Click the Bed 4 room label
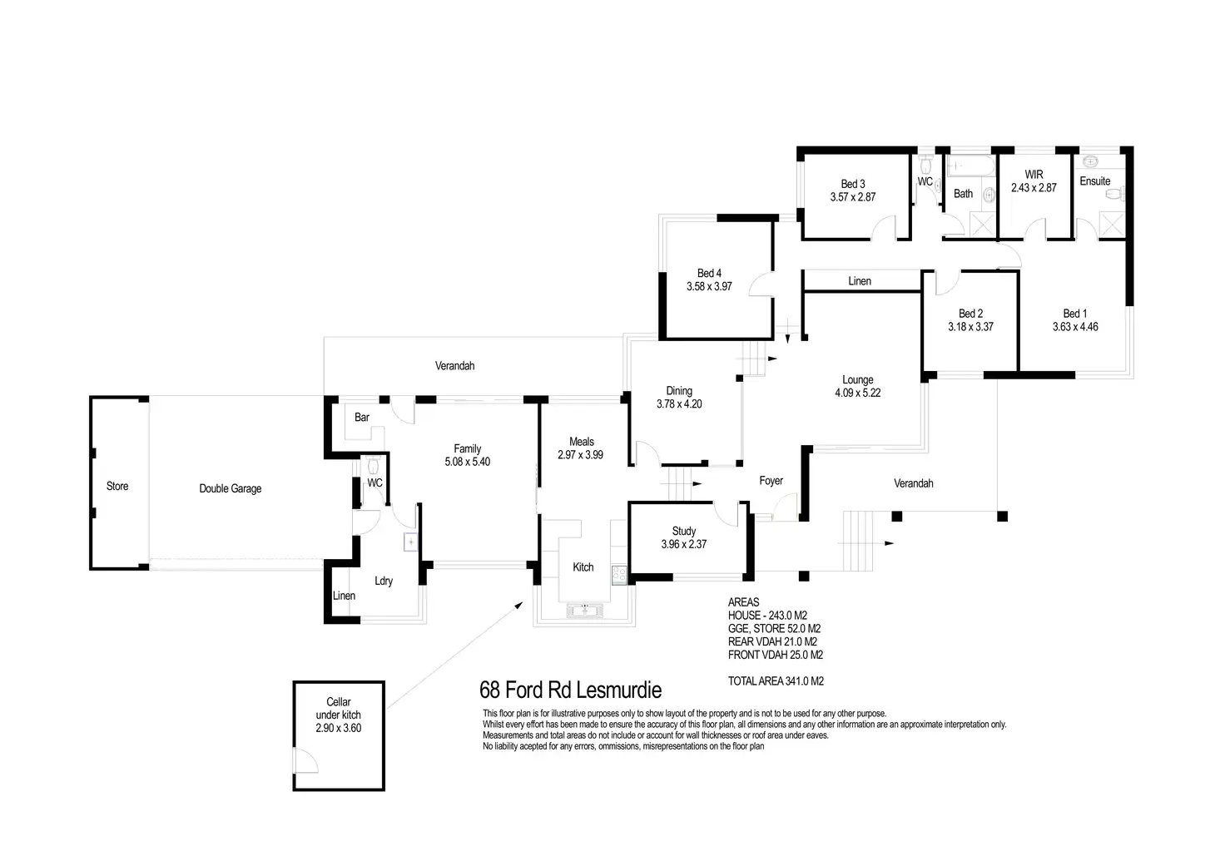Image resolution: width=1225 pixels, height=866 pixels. [x=709, y=273]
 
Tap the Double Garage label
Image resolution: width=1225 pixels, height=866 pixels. [x=230, y=488]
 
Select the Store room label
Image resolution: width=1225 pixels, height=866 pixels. [x=117, y=486]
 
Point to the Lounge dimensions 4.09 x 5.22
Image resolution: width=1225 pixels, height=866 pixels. [x=857, y=393]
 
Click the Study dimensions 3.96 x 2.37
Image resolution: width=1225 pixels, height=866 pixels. [x=683, y=544]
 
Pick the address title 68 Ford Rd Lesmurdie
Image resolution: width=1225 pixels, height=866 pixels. [x=570, y=690]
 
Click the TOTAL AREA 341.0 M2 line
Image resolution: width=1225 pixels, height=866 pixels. [x=776, y=680]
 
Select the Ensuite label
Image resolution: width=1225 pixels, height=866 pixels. [x=1094, y=181]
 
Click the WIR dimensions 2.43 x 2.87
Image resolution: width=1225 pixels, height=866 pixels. [x=1034, y=188]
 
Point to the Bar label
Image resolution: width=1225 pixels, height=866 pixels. [x=362, y=417]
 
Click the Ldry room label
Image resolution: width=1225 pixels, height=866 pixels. [x=384, y=581]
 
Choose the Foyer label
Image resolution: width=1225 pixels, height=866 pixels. [x=771, y=481]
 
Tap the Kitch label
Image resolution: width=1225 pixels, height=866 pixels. [x=583, y=567]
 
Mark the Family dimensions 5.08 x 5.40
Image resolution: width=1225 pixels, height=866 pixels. [x=467, y=462]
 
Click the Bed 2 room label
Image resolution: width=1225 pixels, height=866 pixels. [x=970, y=314]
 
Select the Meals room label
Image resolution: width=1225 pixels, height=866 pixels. [x=582, y=442]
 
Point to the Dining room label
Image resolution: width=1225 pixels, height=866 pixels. [x=679, y=391]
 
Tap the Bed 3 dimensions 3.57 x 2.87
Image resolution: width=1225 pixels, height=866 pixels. [x=853, y=197]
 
